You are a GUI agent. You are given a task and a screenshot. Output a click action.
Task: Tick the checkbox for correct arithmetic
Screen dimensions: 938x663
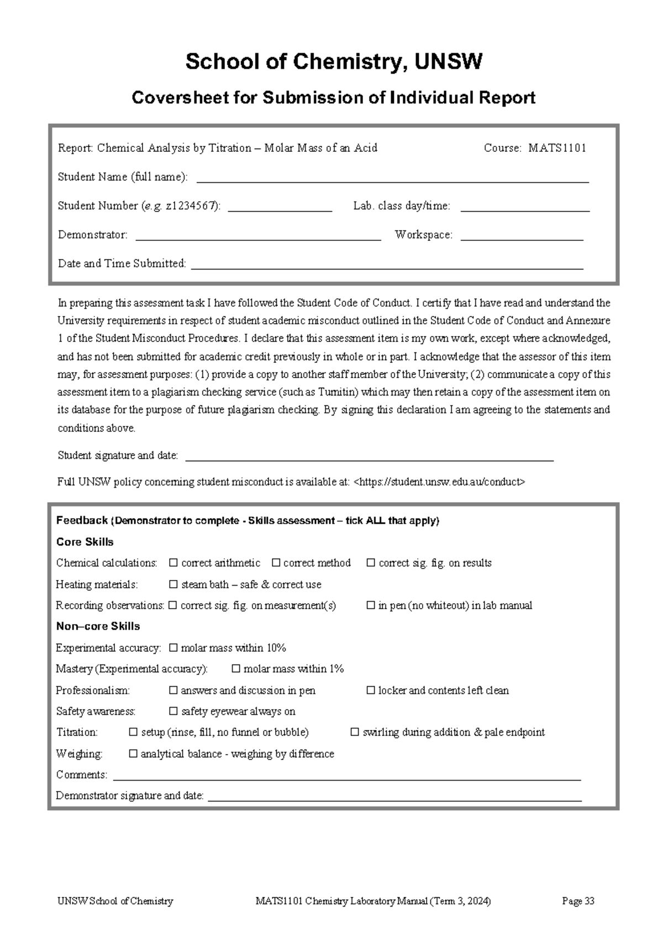click(x=173, y=563)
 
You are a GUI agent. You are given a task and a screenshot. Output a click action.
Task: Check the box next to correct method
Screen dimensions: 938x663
click(x=276, y=563)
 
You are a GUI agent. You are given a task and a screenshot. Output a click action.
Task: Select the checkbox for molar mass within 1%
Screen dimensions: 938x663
click(x=236, y=669)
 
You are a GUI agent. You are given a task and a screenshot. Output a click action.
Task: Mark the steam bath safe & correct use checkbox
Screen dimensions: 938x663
click(x=173, y=584)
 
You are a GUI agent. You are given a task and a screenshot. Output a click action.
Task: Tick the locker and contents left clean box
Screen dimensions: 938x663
click(x=371, y=691)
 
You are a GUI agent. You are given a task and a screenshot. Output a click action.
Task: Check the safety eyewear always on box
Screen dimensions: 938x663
click(x=173, y=712)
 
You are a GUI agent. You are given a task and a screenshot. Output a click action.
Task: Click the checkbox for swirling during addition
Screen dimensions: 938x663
click(x=355, y=733)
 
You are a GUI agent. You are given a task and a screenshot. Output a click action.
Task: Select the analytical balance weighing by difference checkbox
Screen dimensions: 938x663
click(x=133, y=753)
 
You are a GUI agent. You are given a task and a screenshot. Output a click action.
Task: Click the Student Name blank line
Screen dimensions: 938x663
click(x=392, y=178)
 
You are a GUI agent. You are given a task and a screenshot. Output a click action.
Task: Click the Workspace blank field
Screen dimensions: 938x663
click(x=522, y=236)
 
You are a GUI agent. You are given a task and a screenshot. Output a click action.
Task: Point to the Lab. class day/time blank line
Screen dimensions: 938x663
click(x=525, y=207)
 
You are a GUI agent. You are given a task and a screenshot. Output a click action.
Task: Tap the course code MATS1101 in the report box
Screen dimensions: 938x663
click(x=557, y=148)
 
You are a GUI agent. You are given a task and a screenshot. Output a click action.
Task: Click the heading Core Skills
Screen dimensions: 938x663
click(x=85, y=542)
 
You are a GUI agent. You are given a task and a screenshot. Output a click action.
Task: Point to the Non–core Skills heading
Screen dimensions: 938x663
click(x=98, y=626)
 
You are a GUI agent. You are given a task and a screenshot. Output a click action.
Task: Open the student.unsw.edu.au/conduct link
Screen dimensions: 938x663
click(x=439, y=482)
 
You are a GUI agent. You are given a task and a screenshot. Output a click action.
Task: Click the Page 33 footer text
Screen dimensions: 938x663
click(x=578, y=901)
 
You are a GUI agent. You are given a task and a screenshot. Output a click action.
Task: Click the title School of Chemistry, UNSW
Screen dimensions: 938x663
click(x=334, y=62)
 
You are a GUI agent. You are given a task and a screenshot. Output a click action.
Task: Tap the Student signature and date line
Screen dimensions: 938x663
click(x=369, y=456)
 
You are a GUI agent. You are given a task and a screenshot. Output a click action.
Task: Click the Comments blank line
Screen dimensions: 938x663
click(x=346, y=776)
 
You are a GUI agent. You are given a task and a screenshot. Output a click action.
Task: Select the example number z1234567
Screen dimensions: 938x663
click(x=191, y=206)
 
